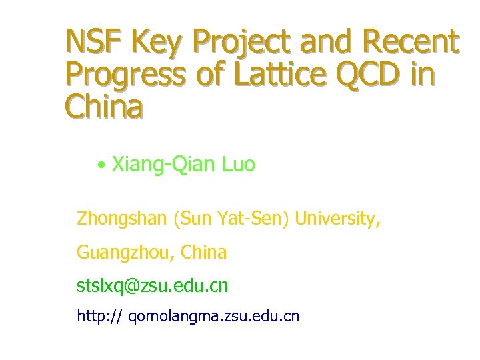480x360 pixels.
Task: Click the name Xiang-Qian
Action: click(162, 165)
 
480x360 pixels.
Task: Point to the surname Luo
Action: click(237, 164)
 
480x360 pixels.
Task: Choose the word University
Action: click(338, 219)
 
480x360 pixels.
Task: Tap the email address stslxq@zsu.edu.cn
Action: click(152, 286)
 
